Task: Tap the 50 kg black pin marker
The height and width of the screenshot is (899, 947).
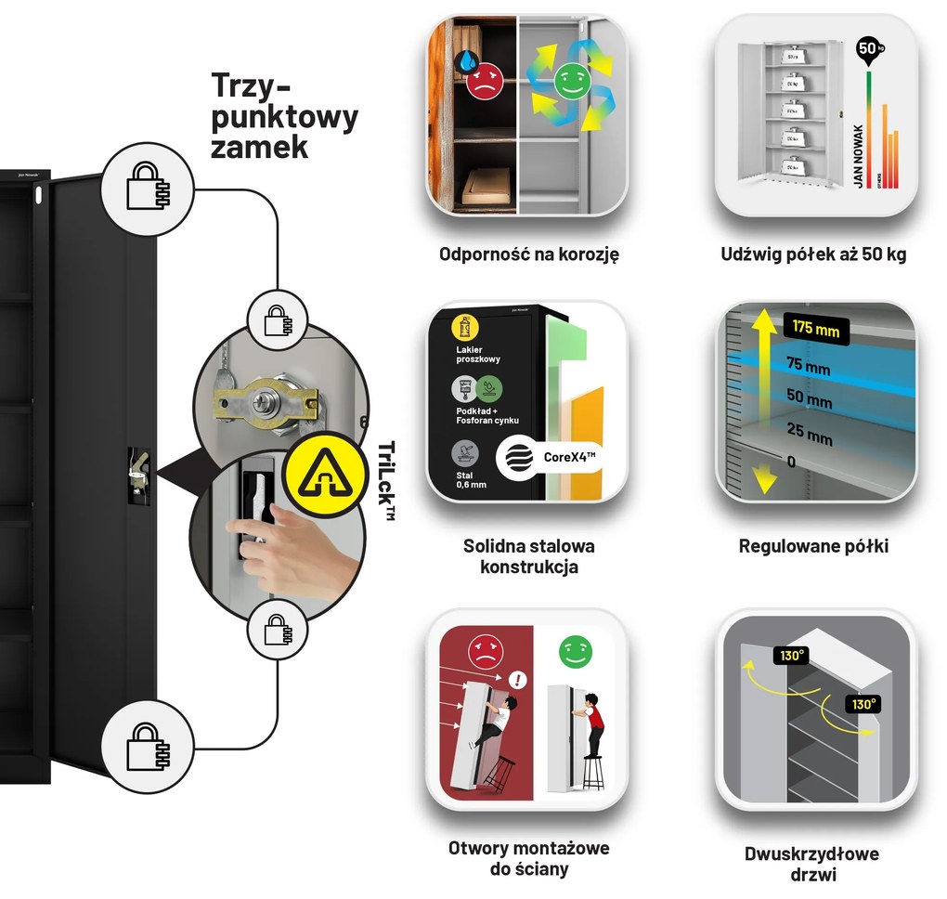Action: pyautogui.click(x=867, y=48)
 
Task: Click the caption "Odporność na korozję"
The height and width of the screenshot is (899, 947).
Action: pyautogui.click(x=528, y=254)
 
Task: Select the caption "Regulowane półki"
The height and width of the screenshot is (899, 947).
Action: pyautogui.click(x=813, y=546)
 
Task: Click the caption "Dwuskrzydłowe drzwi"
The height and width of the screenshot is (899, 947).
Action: pyautogui.click(x=811, y=864)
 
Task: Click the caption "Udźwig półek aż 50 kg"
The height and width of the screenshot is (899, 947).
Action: pyautogui.click(x=813, y=254)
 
